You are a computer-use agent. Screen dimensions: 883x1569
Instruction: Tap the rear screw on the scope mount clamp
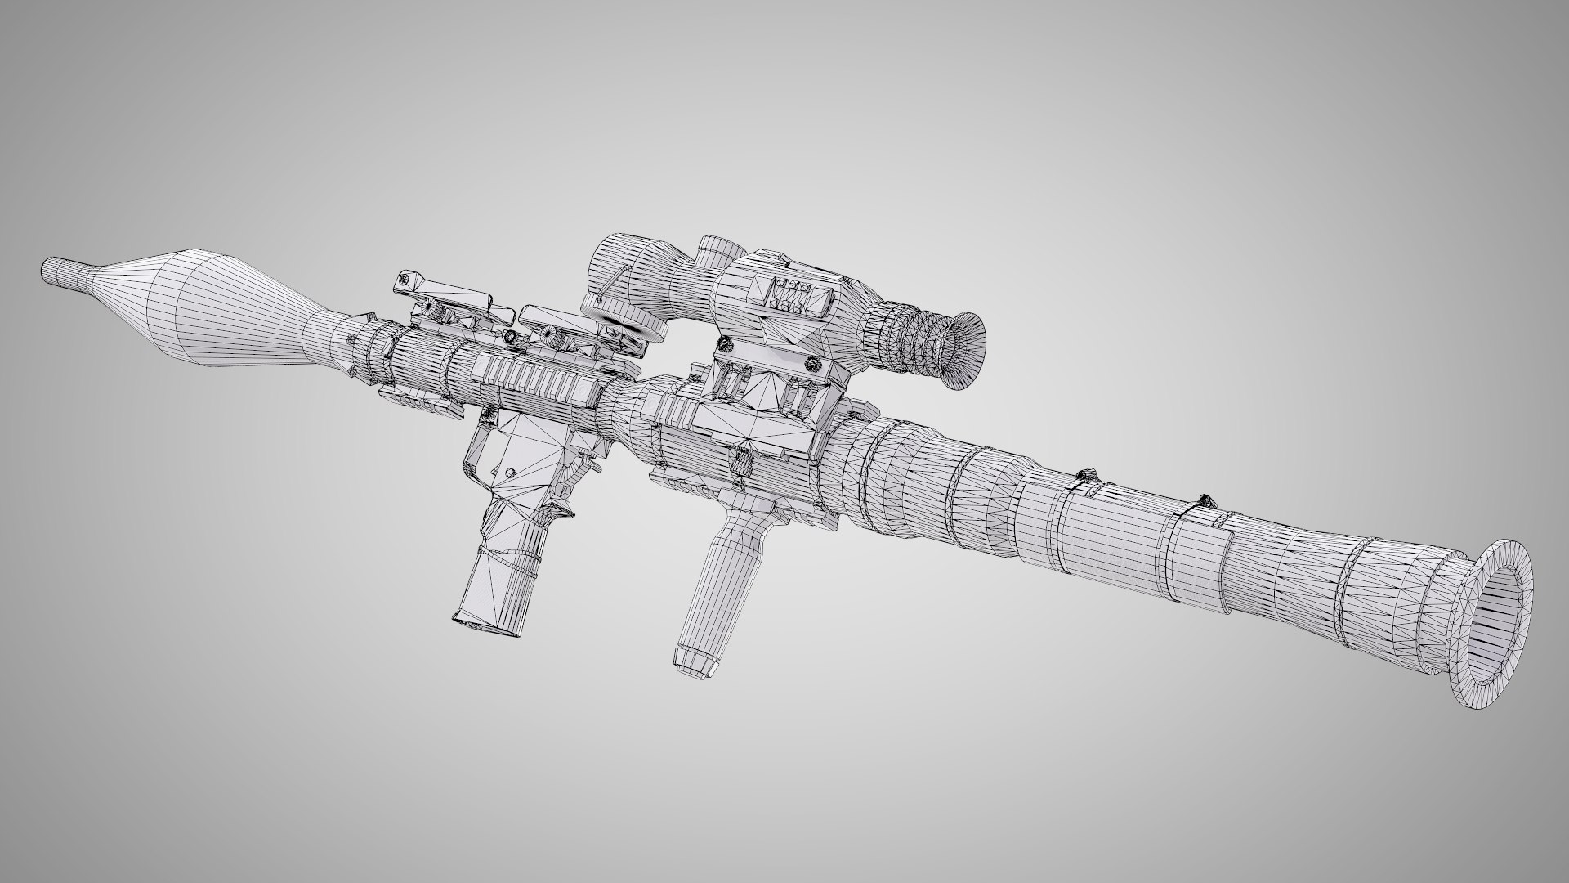pos(812,364)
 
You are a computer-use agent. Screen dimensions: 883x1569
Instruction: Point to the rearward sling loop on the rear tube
pos(1205,500)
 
